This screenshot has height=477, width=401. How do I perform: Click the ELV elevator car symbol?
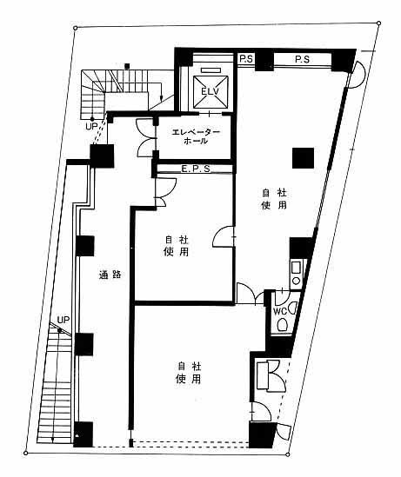point(211,91)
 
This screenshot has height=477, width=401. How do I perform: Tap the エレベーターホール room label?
point(196,136)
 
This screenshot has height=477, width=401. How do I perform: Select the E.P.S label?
point(196,169)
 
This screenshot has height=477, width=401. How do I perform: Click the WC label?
point(280,311)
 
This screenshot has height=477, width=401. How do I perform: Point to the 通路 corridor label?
point(110,275)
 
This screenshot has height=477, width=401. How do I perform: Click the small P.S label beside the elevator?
point(246,59)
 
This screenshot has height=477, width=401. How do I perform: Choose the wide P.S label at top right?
point(302,59)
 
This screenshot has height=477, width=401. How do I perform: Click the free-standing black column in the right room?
point(303,158)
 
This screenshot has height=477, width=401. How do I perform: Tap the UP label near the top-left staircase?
point(91,126)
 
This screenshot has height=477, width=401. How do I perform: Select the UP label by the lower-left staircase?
point(63,320)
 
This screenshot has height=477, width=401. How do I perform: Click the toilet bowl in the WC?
point(282,325)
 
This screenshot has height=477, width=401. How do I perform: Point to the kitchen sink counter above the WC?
point(297,275)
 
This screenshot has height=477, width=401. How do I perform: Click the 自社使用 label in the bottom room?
point(189,373)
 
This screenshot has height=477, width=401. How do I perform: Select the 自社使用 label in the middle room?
point(176,246)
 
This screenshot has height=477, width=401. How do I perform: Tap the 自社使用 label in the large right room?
point(274,199)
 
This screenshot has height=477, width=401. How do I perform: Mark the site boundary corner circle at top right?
point(378,23)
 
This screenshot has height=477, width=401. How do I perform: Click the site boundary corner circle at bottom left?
point(25,454)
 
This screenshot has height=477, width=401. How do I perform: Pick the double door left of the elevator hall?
point(145,138)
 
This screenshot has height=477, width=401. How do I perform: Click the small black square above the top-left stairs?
point(128,66)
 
